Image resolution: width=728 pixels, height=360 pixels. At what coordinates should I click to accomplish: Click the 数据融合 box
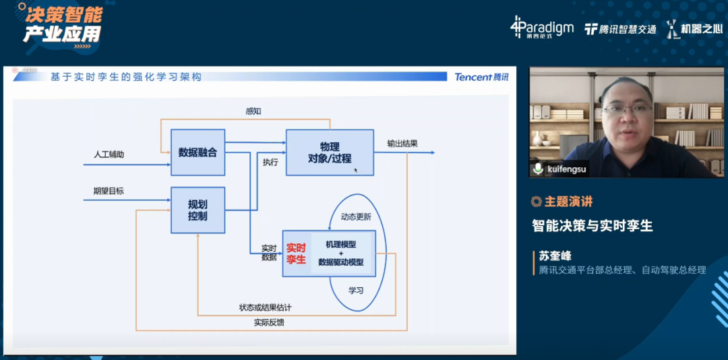198,152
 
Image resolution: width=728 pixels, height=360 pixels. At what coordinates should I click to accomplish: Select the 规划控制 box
198,210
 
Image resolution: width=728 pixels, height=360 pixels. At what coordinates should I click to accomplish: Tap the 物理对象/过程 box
330,152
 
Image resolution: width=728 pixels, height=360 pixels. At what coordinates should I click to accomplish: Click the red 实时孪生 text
296,253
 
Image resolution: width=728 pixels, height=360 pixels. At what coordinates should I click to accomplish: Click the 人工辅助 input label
109,154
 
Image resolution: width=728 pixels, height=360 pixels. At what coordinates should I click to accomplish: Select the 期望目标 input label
109,191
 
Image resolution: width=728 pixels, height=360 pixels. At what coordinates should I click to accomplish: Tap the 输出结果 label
402,144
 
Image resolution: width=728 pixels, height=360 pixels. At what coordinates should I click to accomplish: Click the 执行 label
270,162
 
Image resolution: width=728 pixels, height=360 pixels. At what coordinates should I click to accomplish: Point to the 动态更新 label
356,217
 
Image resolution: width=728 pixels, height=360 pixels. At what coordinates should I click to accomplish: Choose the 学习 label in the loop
356,291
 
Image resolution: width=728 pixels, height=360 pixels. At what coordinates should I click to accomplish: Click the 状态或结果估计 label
265,307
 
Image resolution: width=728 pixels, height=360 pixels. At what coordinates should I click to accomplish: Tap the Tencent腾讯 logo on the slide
481,77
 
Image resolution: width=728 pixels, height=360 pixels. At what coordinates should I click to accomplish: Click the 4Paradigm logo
542,28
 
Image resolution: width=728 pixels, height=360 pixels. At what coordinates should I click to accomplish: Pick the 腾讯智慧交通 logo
620,29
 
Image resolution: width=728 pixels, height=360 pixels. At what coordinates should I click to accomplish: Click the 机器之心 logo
694,29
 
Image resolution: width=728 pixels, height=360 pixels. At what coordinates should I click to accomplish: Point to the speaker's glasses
628,109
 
